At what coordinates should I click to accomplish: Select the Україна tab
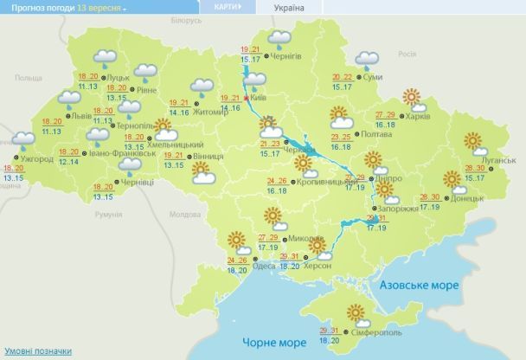coord(289,7)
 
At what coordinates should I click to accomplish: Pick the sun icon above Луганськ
coord(473,141)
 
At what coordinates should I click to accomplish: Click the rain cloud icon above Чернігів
coord(279,38)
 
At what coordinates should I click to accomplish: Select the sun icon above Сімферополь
coord(355,312)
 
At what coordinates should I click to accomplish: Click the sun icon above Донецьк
coord(452,180)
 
